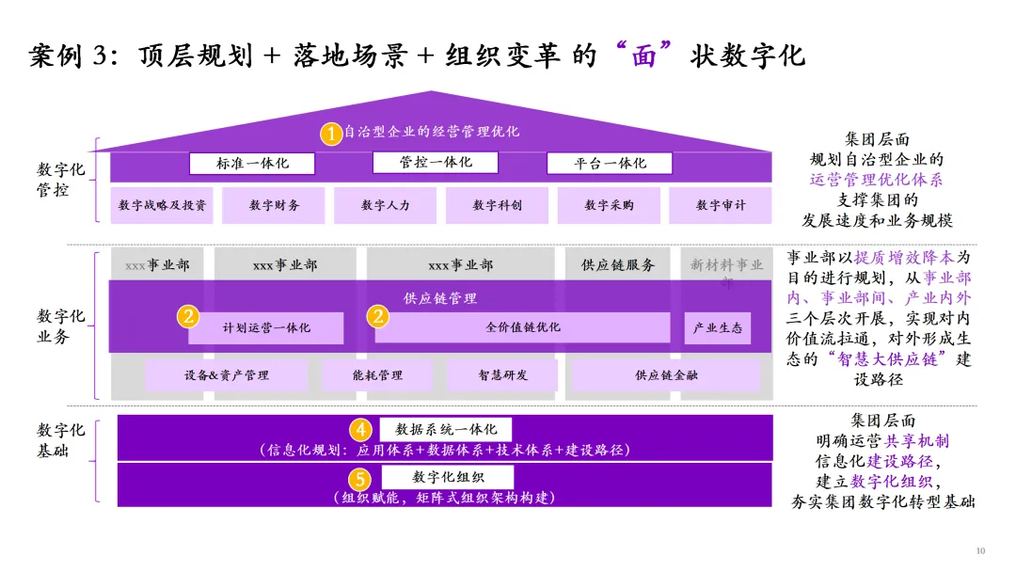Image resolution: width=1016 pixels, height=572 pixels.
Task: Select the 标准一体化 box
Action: pyautogui.click(x=252, y=164)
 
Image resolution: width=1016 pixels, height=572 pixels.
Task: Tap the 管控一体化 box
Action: pyautogui.click(x=436, y=163)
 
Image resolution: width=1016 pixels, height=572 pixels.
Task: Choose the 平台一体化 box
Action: pyautogui.click(x=611, y=164)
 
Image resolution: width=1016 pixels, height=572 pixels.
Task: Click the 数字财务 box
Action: pyautogui.click(x=274, y=205)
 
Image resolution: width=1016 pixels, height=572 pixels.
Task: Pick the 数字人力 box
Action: pyautogui.click(x=386, y=205)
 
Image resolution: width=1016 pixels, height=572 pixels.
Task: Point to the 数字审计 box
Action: pyautogui.click(x=721, y=205)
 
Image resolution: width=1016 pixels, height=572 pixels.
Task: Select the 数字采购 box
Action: pyautogui.click(x=609, y=205)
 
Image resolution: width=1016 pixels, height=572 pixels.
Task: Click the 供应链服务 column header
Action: pyautogui.click(x=618, y=265)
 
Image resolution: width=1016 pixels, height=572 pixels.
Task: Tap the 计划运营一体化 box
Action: pyautogui.click(x=266, y=328)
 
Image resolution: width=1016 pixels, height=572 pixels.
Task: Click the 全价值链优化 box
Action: pyautogui.click(x=523, y=327)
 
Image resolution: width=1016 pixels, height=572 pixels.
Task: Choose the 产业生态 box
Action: pyautogui.click(x=718, y=328)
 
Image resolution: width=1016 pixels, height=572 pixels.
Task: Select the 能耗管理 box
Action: pyautogui.click(x=376, y=375)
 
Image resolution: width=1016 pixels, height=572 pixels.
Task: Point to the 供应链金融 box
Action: pyautogui.click(x=665, y=375)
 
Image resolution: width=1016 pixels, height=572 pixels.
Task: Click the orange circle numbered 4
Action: pyautogui.click(x=360, y=430)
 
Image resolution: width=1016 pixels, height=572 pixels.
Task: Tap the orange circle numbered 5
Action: pyautogui.click(x=360, y=478)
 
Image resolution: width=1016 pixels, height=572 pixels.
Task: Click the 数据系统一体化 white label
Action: pyautogui.click(x=445, y=429)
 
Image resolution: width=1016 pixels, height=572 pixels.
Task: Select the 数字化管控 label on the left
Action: pyautogui.click(x=61, y=180)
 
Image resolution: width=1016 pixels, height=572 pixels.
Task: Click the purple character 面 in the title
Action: pyautogui.click(x=643, y=55)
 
